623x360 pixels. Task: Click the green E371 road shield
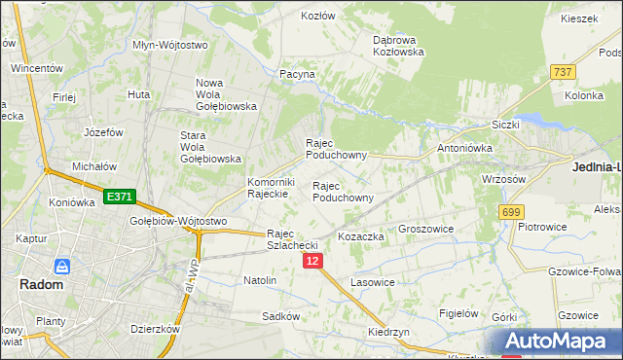(119, 197)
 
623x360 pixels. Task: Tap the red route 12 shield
(311, 262)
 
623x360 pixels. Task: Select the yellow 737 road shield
(562, 73)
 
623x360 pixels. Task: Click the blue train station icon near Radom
(62, 266)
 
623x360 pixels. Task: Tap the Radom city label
(41, 285)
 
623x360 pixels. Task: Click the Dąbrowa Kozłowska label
(398, 46)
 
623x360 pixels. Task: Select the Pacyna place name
(297, 74)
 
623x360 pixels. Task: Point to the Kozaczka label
(361, 236)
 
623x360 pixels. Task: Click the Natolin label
(260, 280)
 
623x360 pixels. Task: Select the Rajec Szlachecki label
(293, 239)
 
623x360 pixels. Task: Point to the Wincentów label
(36, 69)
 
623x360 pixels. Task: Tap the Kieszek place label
(579, 18)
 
